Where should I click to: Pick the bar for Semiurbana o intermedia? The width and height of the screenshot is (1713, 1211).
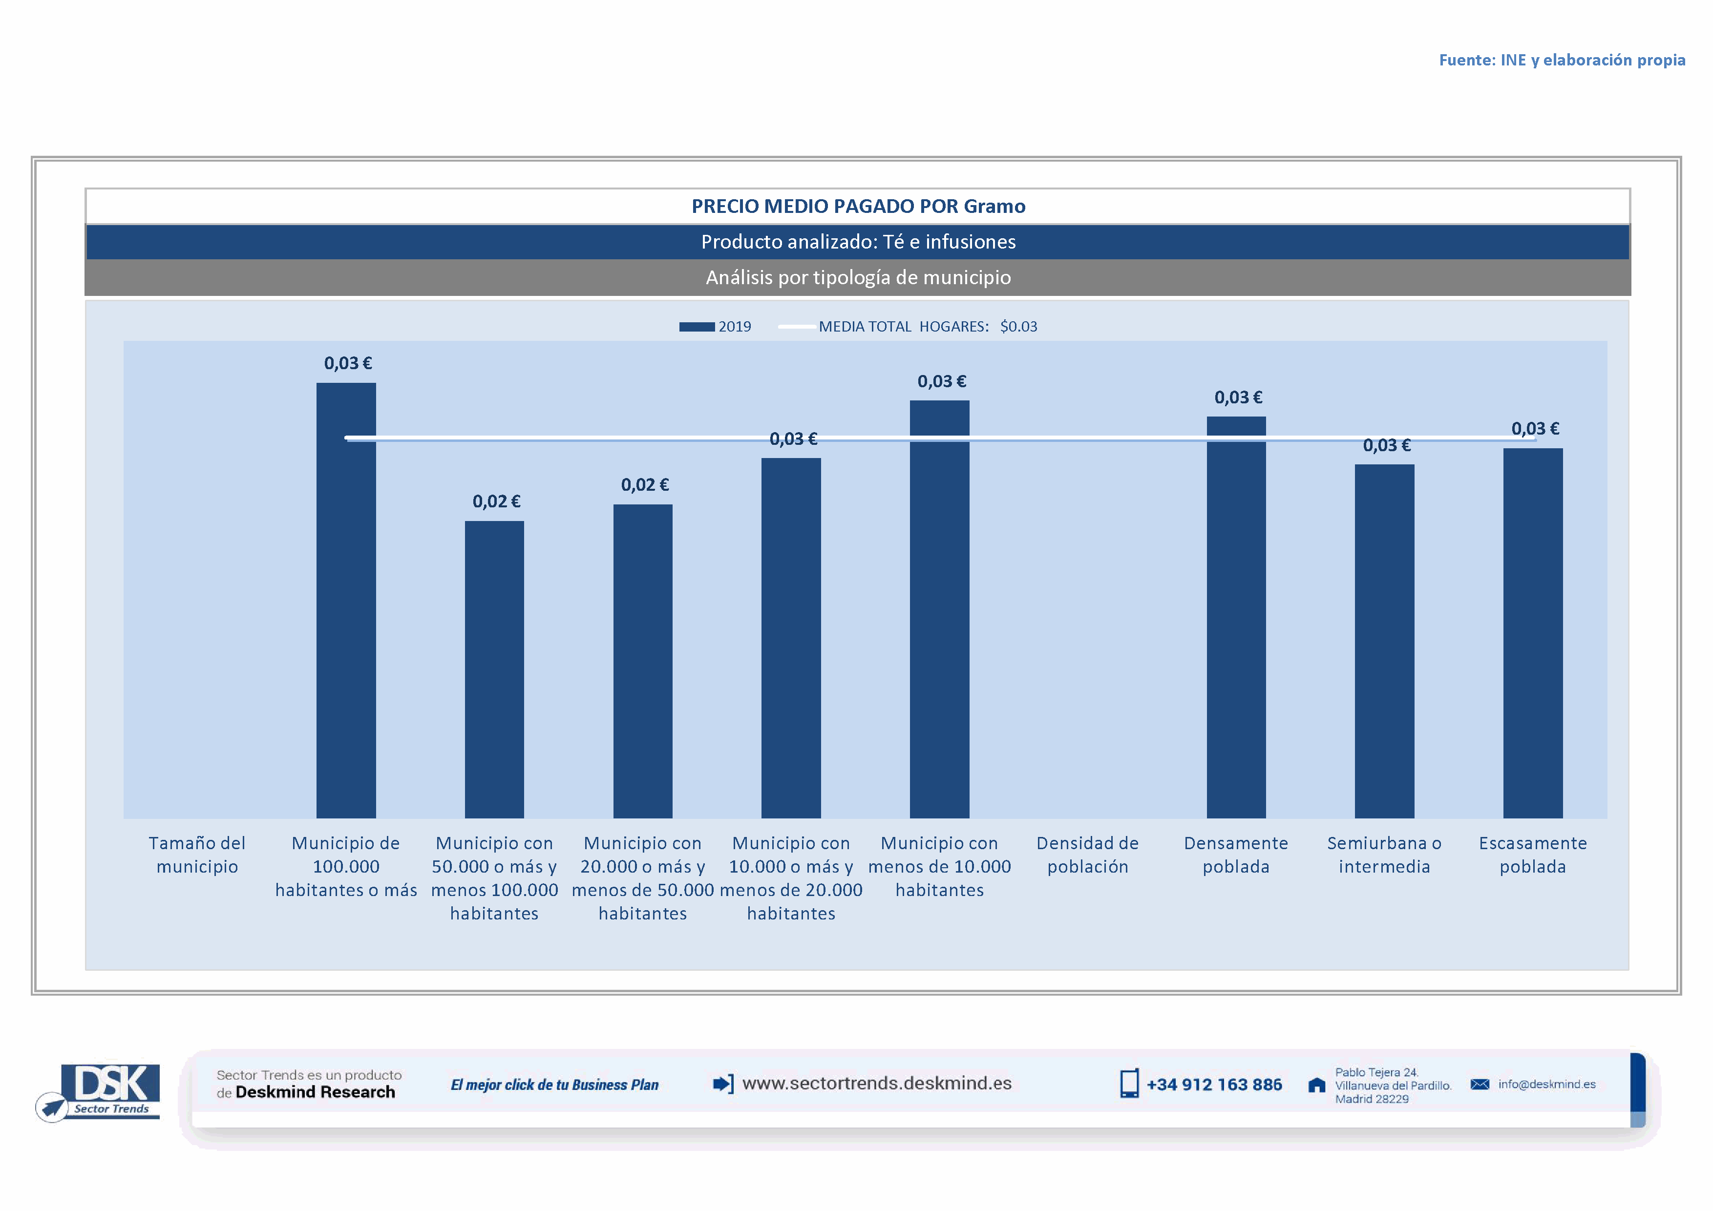[1384, 641]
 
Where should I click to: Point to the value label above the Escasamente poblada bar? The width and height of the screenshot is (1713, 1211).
[1535, 429]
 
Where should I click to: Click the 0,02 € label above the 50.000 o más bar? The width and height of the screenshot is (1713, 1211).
[496, 501]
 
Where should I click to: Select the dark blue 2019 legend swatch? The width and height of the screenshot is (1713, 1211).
[697, 327]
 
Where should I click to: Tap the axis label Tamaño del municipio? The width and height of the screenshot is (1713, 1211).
[197, 855]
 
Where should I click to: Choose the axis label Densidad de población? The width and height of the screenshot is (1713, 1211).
[1087, 855]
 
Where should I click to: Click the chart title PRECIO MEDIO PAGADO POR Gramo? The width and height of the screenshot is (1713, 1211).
[858, 207]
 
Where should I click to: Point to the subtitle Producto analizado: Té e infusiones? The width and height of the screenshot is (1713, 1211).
[858, 242]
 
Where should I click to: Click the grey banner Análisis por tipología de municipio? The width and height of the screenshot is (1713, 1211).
[858, 277]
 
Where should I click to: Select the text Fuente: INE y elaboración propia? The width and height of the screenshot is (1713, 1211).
[1562, 61]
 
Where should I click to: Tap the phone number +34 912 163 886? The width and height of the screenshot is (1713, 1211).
[1214, 1085]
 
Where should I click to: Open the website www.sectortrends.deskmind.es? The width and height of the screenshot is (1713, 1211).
[877, 1084]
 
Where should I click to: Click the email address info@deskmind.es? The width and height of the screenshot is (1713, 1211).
[1546, 1084]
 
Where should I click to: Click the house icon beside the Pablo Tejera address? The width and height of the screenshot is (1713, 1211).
[1317, 1085]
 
